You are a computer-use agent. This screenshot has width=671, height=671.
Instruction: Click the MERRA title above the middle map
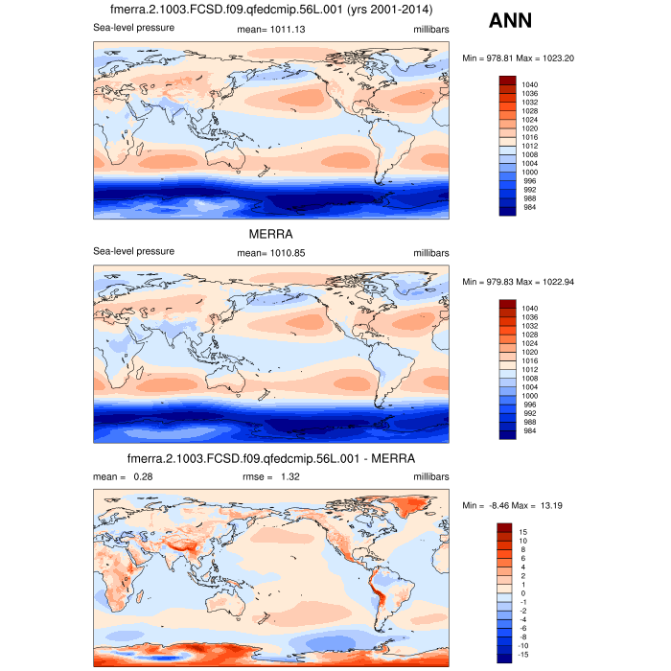[269, 233]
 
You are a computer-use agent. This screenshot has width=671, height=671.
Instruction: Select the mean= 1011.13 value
[269, 29]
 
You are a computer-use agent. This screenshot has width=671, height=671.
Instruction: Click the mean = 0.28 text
[124, 476]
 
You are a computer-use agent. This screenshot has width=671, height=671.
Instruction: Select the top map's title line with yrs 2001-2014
[271, 11]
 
